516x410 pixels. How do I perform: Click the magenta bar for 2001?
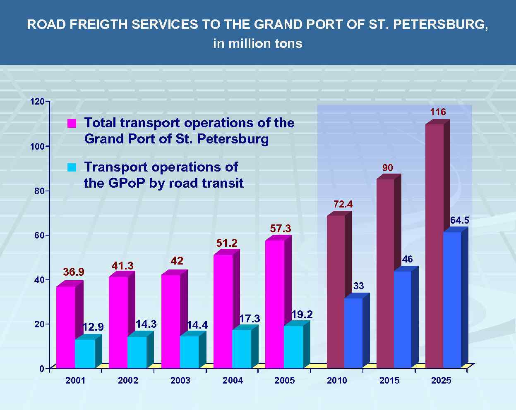pyautogui.click(x=66, y=327)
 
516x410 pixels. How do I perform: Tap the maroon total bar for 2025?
pyautogui.click(x=434, y=246)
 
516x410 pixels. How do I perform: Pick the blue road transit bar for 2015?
pyautogui.click(x=403, y=319)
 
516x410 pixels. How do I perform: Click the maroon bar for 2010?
pyautogui.click(x=336, y=291)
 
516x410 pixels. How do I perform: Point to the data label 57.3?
pyautogui.click(x=281, y=229)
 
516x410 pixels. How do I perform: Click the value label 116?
pyautogui.click(x=438, y=112)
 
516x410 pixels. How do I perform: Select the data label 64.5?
pyautogui.click(x=459, y=221)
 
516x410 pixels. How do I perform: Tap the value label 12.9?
pyautogui.click(x=93, y=327)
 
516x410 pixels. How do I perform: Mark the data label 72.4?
pyautogui.click(x=343, y=204)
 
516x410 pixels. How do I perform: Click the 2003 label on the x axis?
pyautogui.click(x=180, y=381)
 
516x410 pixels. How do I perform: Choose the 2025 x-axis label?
pyautogui.click(x=441, y=381)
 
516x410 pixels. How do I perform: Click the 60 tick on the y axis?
pyautogui.click(x=38, y=235)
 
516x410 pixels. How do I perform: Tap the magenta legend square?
pyautogui.click(x=72, y=124)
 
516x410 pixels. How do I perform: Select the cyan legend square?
pyautogui.click(x=72, y=167)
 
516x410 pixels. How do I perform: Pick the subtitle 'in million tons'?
pyautogui.click(x=258, y=43)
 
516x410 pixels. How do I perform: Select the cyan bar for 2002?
pyautogui.click(x=137, y=352)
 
